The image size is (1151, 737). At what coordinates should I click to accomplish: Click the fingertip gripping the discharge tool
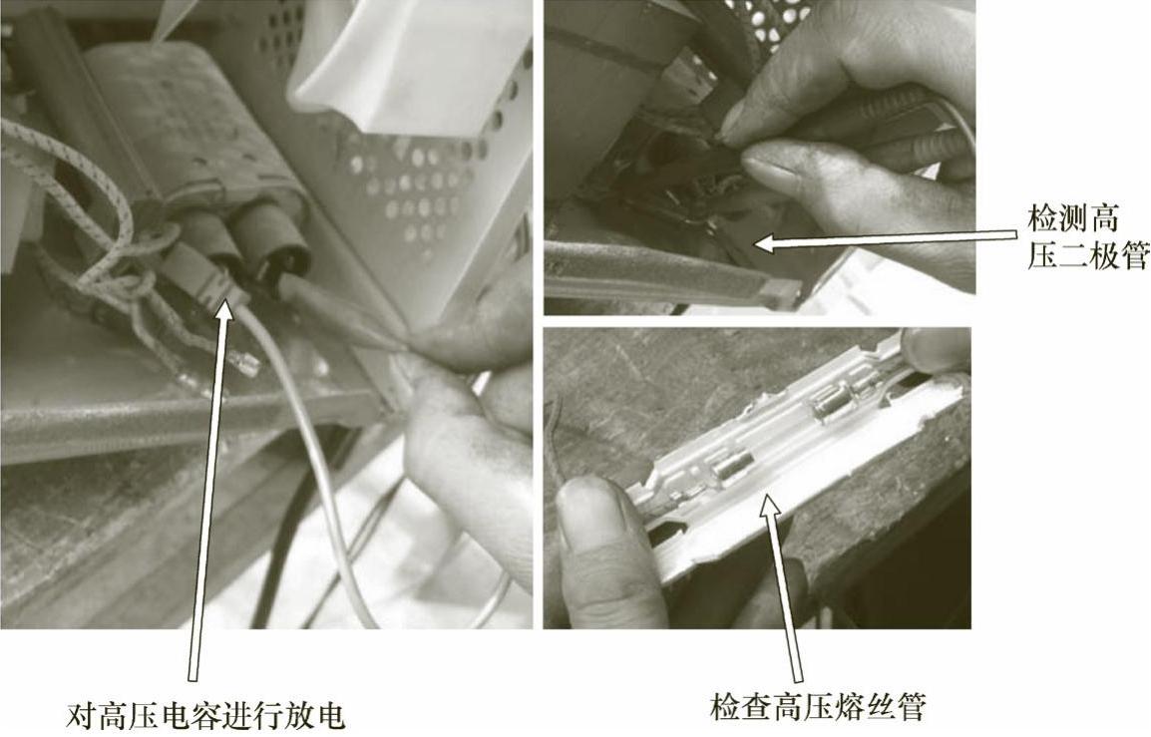coord(455,345)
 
